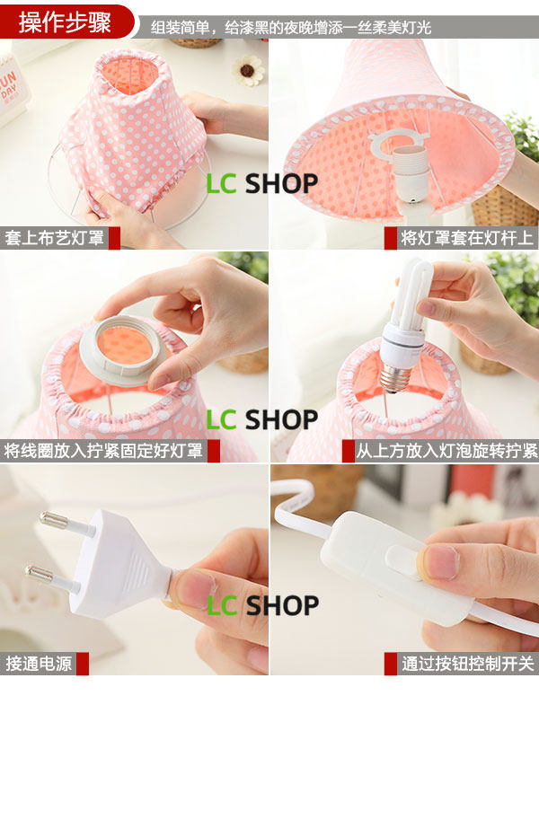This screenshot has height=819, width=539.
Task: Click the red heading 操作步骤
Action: click(x=65, y=22)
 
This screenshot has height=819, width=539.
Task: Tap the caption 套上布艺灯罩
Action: click(x=55, y=238)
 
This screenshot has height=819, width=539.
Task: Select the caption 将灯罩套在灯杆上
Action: click(x=466, y=238)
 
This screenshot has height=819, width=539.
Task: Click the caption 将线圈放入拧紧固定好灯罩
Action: click(x=103, y=450)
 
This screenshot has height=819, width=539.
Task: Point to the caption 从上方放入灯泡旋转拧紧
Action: click(x=446, y=450)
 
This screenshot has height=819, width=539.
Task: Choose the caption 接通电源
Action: click(x=39, y=664)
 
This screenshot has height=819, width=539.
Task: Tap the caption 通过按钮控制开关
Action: click(x=467, y=664)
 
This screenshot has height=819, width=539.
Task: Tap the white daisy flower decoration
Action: click(x=248, y=70)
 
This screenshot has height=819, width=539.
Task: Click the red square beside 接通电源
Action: click(x=83, y=664)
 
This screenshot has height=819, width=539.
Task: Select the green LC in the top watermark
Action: click(x=222, y=184)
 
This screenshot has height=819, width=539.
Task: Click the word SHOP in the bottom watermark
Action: click(x=282, y=606)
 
